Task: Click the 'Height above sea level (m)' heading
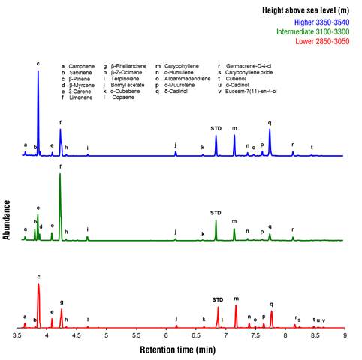pyautogui.click(x=305, y=11)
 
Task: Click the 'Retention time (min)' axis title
pyautogui.click(x=181, y=349)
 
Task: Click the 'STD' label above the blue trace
pyautogui.click(x=216, y=129)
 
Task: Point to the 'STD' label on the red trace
pyautogui.click(x=218, y=299)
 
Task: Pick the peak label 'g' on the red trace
pyautogui.click(x=62, y=301)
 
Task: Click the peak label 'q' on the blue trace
pyautogui.click(x=269, y=122)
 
